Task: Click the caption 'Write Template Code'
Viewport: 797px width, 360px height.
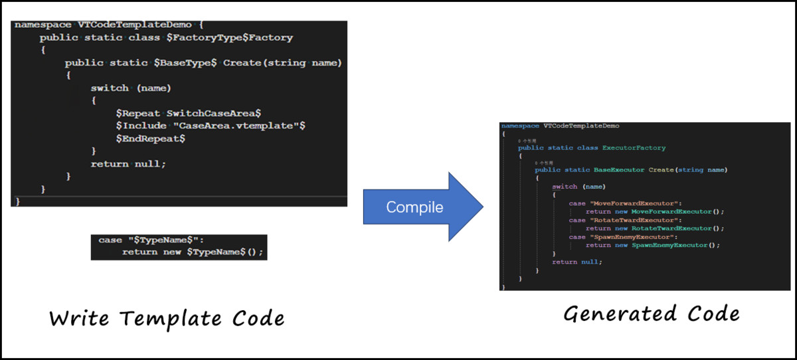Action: pos(167,318)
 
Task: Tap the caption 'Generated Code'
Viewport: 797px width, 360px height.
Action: pos(652,314)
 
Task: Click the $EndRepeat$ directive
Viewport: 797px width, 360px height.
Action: pos(150,138)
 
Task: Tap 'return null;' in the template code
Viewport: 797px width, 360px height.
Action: pos(128,163)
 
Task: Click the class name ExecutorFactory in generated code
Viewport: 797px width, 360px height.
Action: pos(634,147)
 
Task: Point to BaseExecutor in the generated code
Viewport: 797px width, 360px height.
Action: pos(622,169)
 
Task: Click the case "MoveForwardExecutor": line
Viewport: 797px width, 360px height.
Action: pos(626,203)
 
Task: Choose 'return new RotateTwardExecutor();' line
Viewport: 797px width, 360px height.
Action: pos(654,228)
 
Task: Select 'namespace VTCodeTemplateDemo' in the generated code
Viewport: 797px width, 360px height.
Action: pos(561,125)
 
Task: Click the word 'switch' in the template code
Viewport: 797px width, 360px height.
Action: pos(110,88)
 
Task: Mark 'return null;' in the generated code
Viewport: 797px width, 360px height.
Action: pos(576,262)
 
